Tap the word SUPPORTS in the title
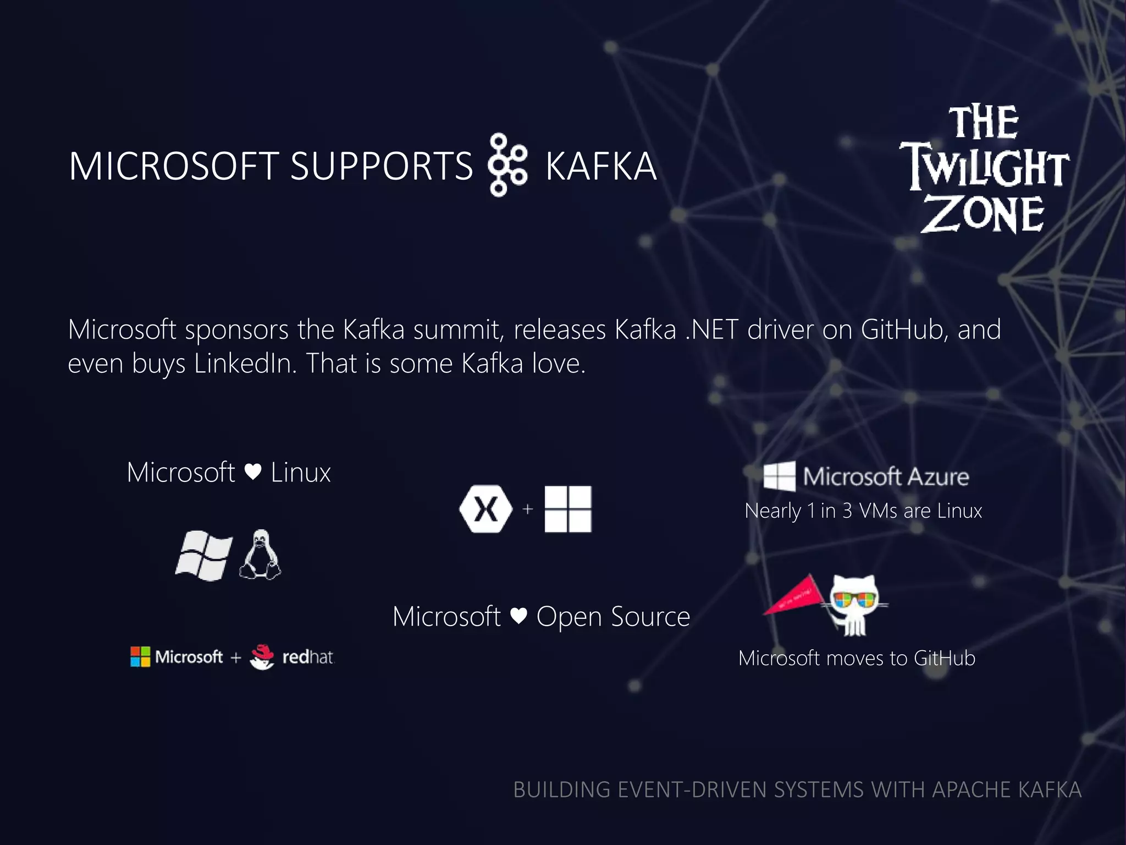pyautogui.click(x=381, y=166)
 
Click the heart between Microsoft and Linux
pyautogui.click(x=253, y=472)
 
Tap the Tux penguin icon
pyautogui.click(x=261, y=555)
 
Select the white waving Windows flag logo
pyautogui.click(x=203, y=555)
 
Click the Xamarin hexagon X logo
pyautogui.click(x=485, y=509)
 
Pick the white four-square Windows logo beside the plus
pyautogui.click(x=568, y=509)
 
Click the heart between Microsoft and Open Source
pyautogui.click(x=518, y=616)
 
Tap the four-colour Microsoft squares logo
pyautogui.click(x=140, y=656)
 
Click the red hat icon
pyautogui.click(x=262, y=656)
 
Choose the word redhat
pyautogui.click(x=308, y=657)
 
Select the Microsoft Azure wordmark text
pyautogui.click(x=886, y=476)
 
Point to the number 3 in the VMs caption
pyautogui.click(x=847, y=511)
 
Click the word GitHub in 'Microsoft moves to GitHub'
pyautogui.click(x=944, y=658)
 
